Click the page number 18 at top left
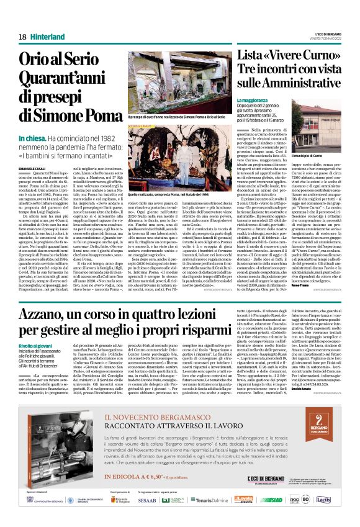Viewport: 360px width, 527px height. [23, 37]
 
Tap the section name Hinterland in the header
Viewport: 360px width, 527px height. [46, 37]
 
